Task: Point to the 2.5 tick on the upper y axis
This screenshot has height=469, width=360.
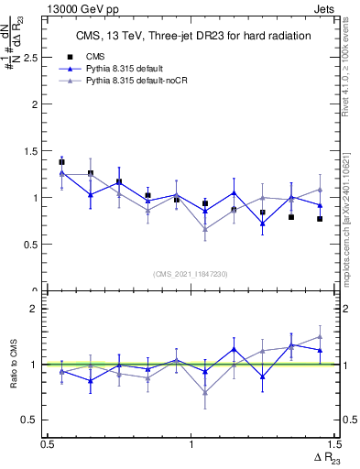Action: point(33,57)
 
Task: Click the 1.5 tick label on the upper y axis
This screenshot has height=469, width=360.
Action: point(33,150)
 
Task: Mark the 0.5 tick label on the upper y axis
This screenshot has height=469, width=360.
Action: point(33,245)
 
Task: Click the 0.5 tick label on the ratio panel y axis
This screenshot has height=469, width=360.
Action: point(33,420)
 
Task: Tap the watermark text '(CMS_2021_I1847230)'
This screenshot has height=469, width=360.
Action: point(191,274)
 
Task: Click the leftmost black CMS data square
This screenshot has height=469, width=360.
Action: point(61,162)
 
